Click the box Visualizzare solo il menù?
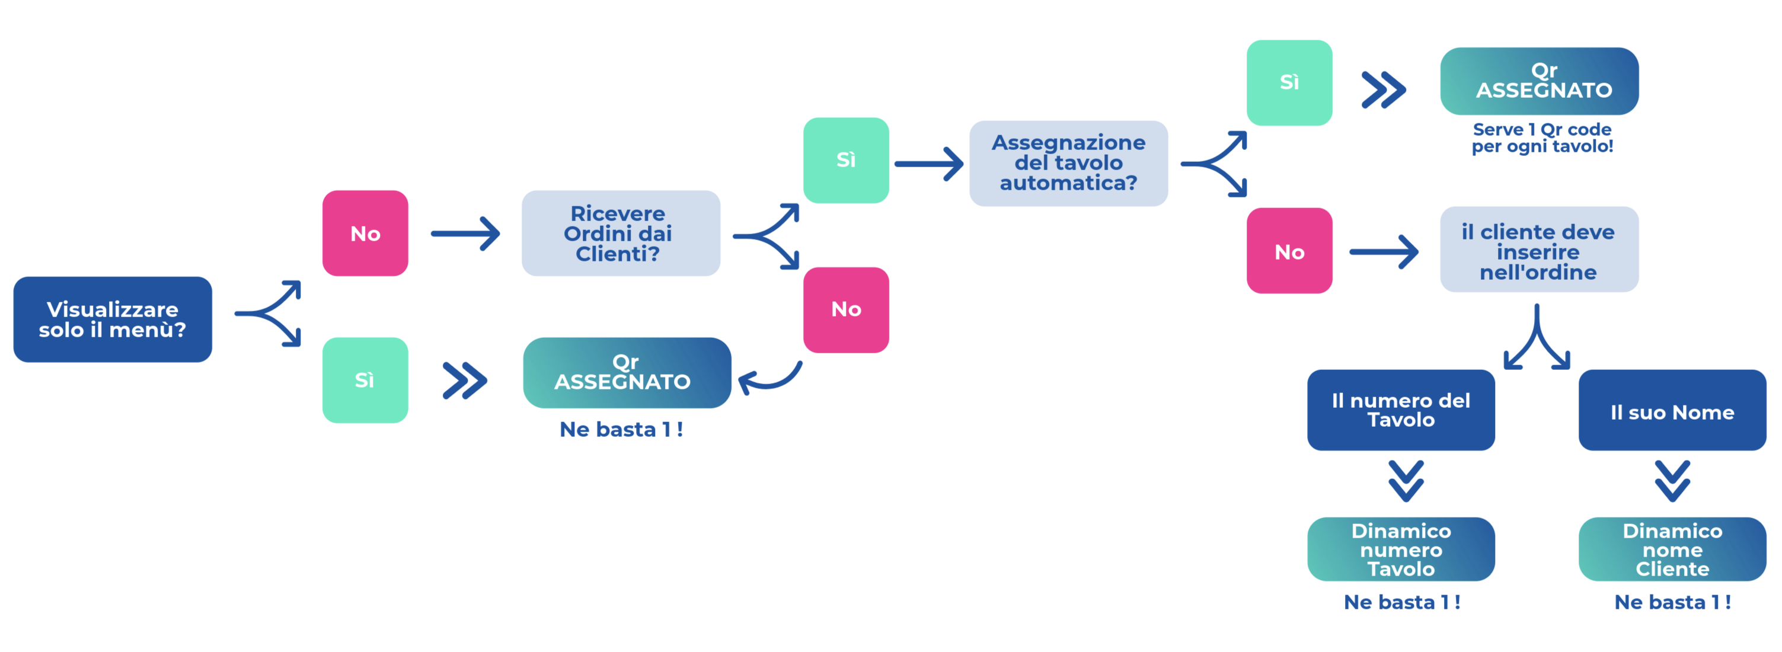(113, 319)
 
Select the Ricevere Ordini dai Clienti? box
(621, 234)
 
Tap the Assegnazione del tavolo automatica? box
(1068, 163)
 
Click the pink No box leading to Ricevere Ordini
(365, 234)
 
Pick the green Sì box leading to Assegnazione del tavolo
(845, 161)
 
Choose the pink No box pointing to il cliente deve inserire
(1289, 251)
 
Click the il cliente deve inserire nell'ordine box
(1538, 250)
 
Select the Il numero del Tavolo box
(1401, 410)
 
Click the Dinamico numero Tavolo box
(1401, 549)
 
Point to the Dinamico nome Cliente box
(1672, 549)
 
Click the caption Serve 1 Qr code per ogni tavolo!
(1542, 138)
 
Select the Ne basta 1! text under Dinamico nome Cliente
(1672, 602)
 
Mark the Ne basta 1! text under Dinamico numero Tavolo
(1401, 602)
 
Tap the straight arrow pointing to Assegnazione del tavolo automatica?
(928, 164)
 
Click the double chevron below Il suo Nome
(1672, 481)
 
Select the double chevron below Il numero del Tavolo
(1406, 481)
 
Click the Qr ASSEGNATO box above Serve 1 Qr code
(1539, 81)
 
